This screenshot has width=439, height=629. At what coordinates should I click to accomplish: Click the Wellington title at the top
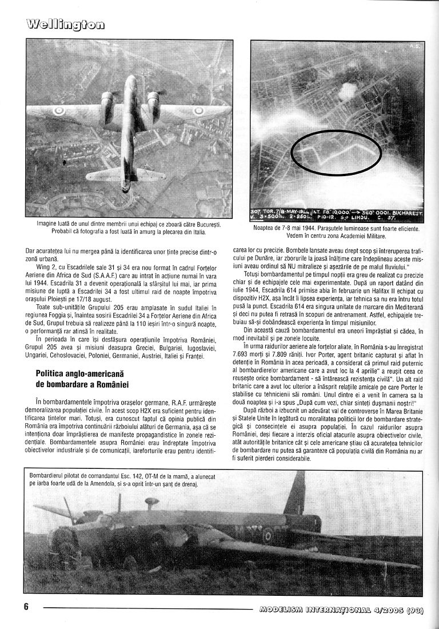[65, 23]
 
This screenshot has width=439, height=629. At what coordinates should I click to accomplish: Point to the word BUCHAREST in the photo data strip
[406, 211]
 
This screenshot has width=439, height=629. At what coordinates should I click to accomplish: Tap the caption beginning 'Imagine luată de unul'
[129, 228]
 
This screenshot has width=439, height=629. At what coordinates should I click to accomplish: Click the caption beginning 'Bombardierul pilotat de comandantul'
[114, 480]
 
